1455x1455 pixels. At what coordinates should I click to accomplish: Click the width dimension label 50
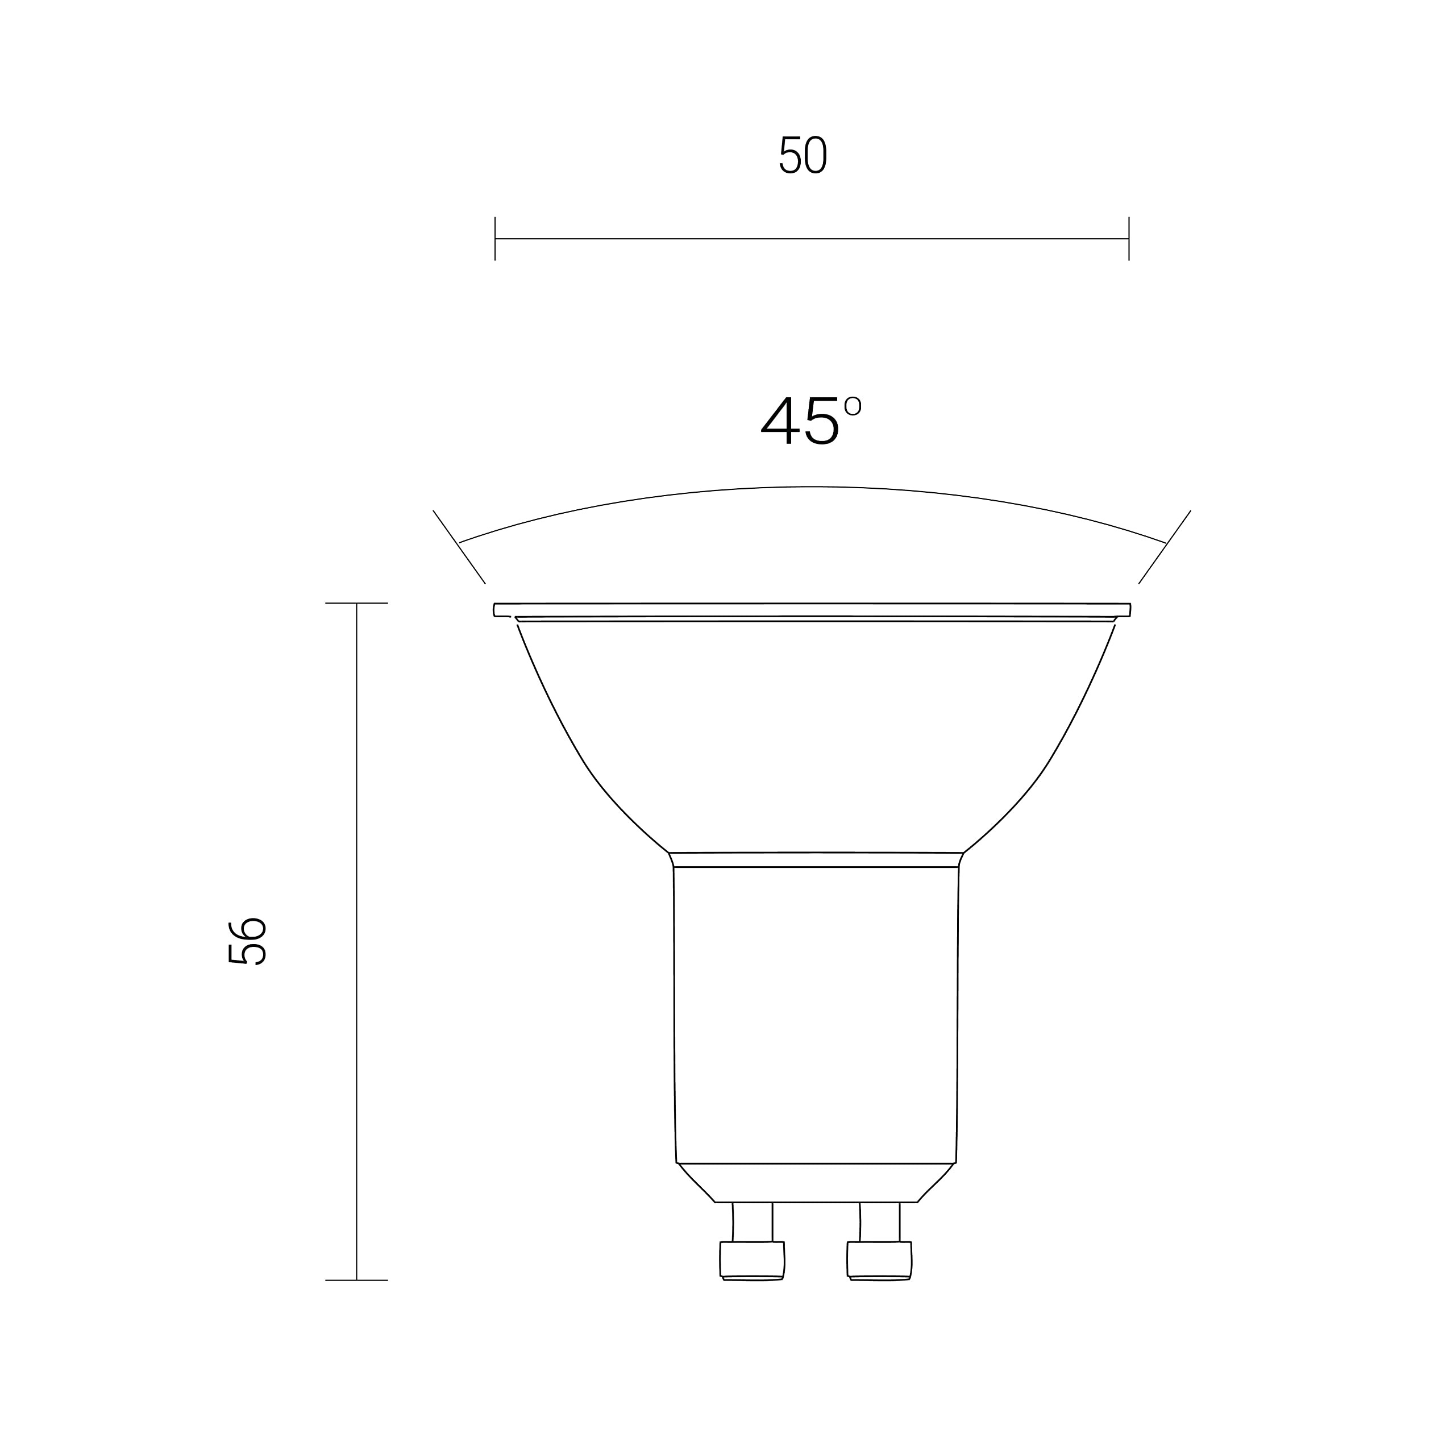803,155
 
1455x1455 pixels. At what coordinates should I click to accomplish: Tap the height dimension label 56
247,941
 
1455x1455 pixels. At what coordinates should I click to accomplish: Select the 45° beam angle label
811,420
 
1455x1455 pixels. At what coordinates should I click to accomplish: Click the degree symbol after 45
853,406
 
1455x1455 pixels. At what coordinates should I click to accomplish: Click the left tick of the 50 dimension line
495,239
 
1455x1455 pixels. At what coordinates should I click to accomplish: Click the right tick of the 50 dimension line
1129,239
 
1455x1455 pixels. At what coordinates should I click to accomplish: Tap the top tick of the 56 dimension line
356,603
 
